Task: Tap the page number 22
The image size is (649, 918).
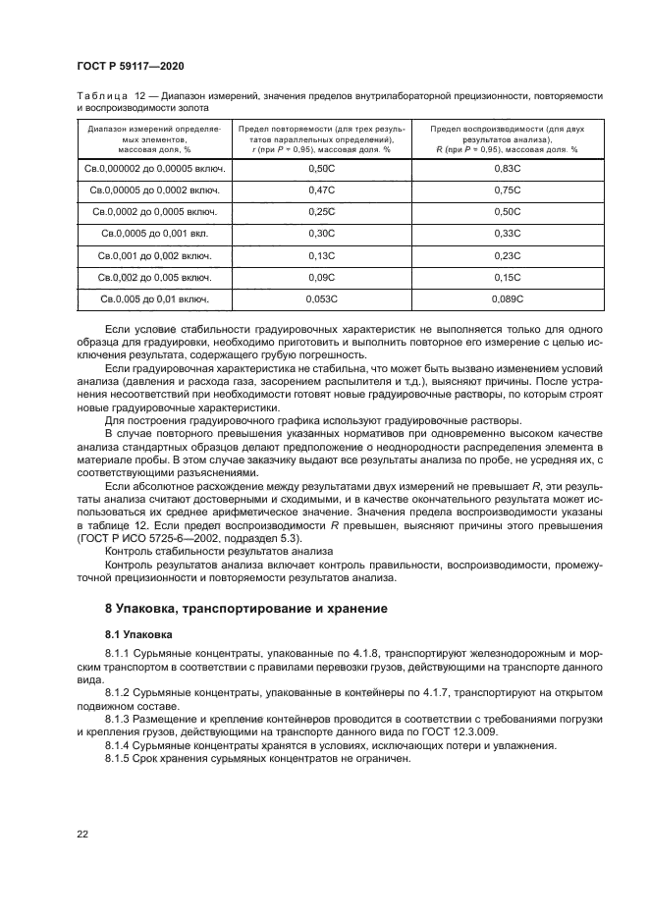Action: click(x=82, y=834)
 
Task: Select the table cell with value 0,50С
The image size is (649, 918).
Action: click(x=321, y=170)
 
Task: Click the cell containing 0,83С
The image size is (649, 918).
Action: click(x=507, y=170)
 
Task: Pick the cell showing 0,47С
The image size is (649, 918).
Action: click(x=321, y=190)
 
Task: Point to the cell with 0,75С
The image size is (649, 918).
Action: click(x=507, y=190)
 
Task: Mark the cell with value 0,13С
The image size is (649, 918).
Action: click(x=321, y=255)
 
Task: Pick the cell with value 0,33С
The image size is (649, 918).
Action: click(x=507, y=234)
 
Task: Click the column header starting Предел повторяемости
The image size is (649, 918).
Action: click(x=321, y=138)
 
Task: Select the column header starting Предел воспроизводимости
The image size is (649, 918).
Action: click(x=507, y=138)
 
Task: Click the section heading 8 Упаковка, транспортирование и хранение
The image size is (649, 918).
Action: click(x=246, y=609)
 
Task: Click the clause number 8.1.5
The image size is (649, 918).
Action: click(x=121, y=759)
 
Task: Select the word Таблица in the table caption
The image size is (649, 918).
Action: click(x=101, y=94)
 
